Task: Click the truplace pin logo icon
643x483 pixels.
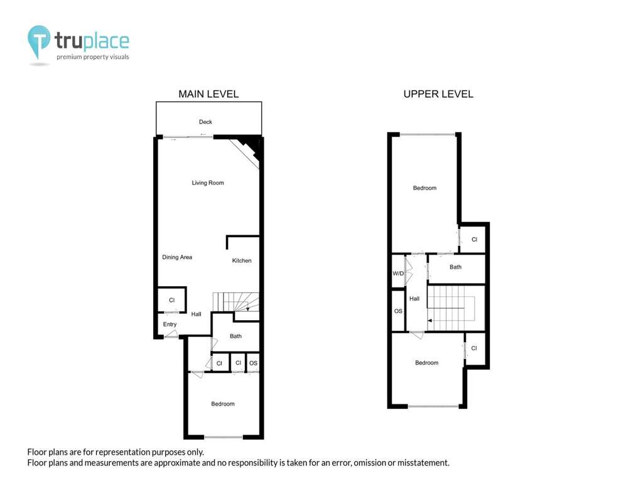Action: coord(39,41)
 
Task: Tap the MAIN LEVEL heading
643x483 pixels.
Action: coord(208,94)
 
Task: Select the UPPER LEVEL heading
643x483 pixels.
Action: coord(438,94)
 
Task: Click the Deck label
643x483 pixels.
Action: coord(205,122)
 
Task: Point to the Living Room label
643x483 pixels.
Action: coord(208,183)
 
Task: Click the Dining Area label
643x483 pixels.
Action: coord(177,257)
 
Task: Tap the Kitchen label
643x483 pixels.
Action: coord(242,260)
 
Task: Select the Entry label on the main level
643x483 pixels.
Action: coord(170,325)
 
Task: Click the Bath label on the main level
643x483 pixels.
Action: coord(236,336)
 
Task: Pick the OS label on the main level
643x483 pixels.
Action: coord(254,363)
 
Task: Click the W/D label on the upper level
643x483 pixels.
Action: coord(397,274)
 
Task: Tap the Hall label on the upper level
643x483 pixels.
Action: coord(414,299)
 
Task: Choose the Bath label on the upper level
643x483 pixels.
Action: coord(456,267)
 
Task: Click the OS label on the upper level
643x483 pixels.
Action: coord(398,311)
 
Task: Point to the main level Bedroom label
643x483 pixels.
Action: coord(223,404)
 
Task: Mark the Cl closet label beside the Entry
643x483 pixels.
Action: coord(172,300)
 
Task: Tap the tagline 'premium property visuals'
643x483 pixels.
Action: coord(93,57)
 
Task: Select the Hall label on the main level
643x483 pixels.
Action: coord(197,314)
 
